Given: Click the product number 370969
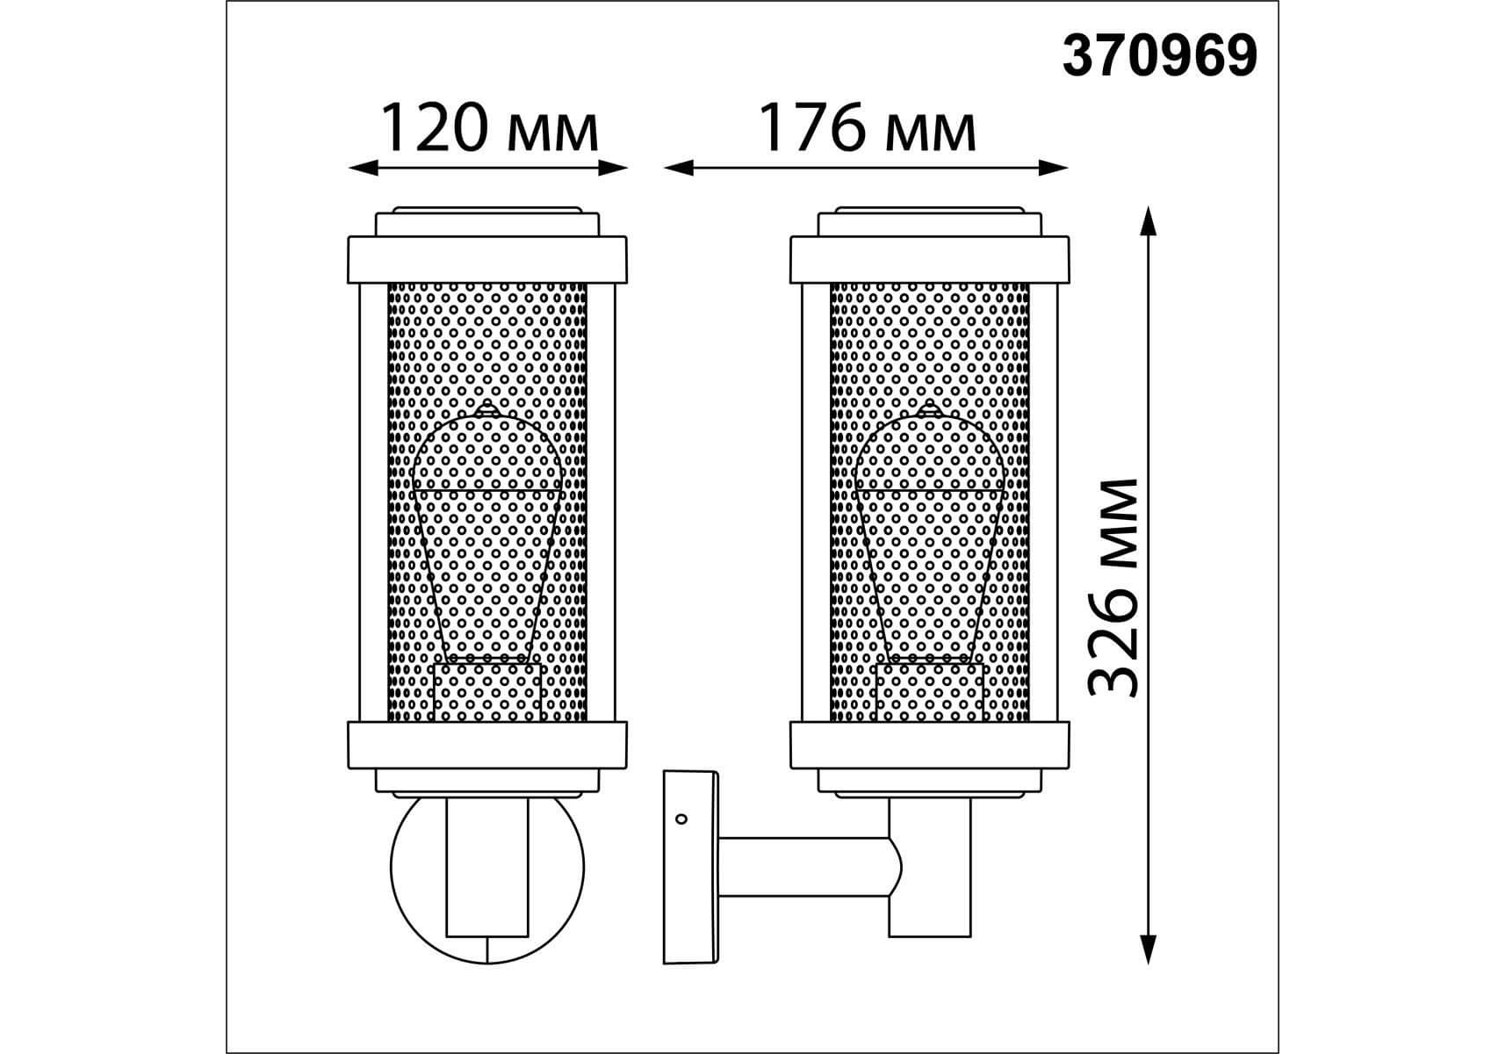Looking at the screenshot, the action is (x=1159, y=57).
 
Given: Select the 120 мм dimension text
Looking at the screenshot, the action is (x=488, y=128).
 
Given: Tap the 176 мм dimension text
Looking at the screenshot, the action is (x=866, y=128).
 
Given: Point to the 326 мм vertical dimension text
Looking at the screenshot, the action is (x=1113, y=588).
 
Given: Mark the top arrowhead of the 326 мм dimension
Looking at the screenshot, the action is (x=1147, y=221).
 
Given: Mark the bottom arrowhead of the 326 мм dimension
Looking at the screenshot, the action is (x=1147, y=949).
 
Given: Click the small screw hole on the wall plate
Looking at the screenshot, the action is (x=681, y=819).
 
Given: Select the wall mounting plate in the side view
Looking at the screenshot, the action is (x=691, y=867).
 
